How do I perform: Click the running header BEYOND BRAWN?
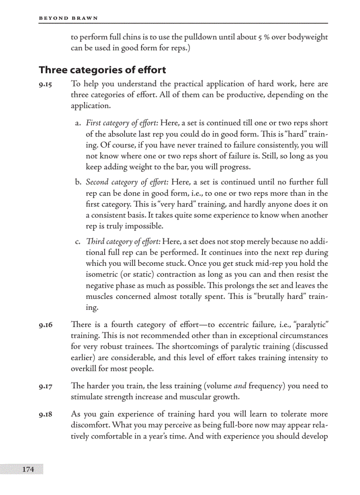coord(68,18)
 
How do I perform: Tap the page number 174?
coord(28,469)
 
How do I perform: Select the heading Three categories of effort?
coord(102,70)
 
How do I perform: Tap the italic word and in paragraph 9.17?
coord(240,386)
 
